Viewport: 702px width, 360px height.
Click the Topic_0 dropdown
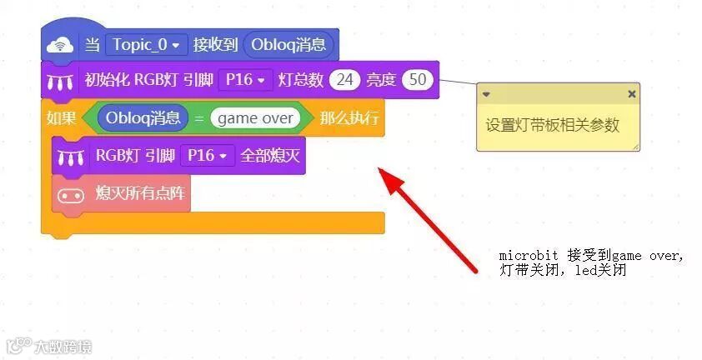[145, 44]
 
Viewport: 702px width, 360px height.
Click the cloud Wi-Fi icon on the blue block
[59, 45]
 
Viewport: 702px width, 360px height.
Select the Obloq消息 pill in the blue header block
[289, 44]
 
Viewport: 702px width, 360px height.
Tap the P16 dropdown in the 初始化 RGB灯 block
[245, 80]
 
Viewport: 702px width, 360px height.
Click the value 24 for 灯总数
[344, 80]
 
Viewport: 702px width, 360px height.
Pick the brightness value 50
[417, 80]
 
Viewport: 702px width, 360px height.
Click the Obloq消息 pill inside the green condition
[143, 118]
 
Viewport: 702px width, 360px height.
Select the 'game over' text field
[254, 118]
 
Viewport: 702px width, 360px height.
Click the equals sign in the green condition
[199, 118]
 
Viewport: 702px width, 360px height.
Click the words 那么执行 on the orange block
[348, 118]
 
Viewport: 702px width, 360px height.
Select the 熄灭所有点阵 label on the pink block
[142, 195]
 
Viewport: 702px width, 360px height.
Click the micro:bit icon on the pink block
[69, 196]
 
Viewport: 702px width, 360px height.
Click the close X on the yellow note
[631, 94]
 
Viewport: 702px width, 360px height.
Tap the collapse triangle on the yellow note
[486, 94]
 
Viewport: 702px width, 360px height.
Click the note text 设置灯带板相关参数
[553, 126]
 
